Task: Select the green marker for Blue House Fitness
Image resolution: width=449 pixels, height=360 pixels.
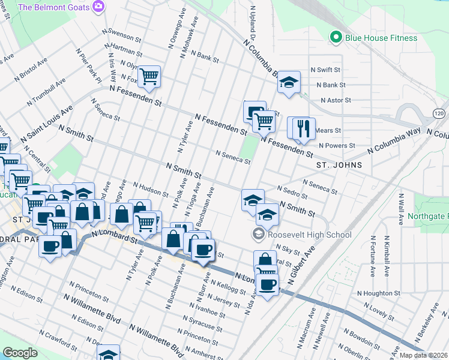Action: [x=337, y=38]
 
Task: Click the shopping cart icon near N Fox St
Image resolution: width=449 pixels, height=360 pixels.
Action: [x=148, y=76]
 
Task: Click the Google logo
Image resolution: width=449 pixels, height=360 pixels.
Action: [x=20, y=353]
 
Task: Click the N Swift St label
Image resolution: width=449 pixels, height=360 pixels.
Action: [x=325, y=70]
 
